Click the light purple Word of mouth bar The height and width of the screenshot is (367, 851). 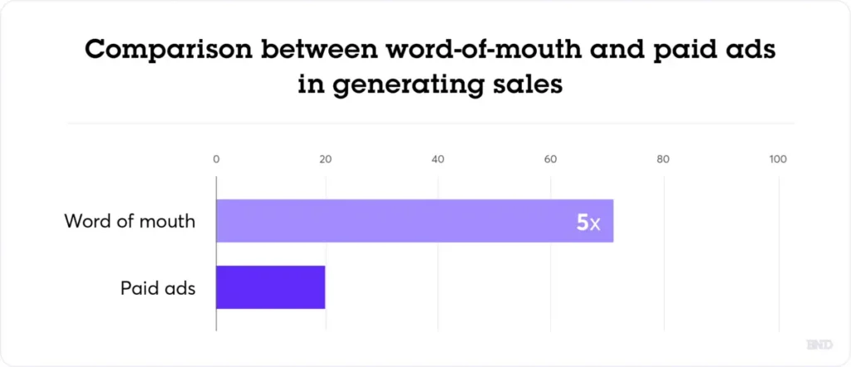coord(399,221)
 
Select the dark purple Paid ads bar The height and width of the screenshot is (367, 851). coord(270,287)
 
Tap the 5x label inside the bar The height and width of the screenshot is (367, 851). coord(588,222)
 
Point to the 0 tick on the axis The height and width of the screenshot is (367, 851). coord(216,159)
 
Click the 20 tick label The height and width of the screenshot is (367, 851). coord(326,159)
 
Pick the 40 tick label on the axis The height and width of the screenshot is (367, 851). coord(438,159)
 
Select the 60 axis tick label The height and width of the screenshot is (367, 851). coord(550,159)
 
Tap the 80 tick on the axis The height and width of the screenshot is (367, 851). coord(662,159)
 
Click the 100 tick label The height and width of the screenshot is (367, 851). coord(778,159)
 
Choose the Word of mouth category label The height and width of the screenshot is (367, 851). coord(130,222)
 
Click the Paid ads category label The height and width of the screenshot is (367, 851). coord(158,288)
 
